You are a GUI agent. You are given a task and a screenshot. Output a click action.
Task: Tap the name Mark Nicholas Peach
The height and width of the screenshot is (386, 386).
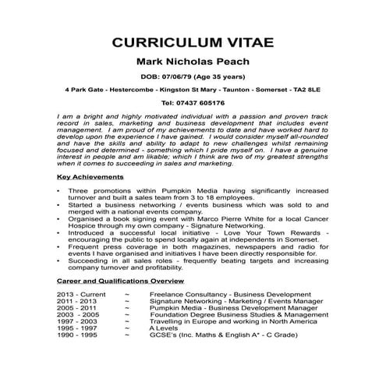(x=192, y=62)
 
